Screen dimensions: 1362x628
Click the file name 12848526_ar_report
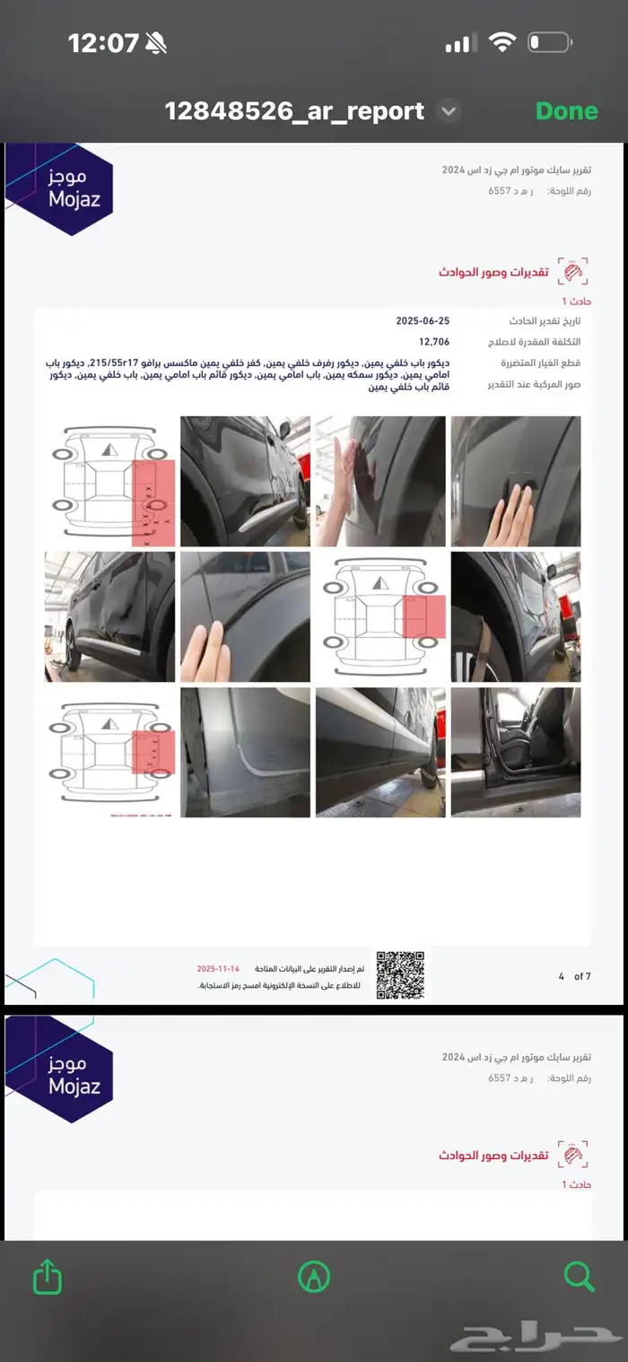[294, 111]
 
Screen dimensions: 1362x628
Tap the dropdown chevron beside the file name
[449, 111]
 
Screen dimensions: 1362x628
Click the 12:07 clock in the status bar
[103, 42]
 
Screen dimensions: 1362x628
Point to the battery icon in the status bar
[549, 42]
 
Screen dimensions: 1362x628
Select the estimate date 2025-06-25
[423, 321]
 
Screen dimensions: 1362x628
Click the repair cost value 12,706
[434, 342]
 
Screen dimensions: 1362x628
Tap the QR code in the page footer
[400, 974]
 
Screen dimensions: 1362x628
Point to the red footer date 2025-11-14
[220, 969]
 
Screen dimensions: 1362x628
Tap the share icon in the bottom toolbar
[48, 1276]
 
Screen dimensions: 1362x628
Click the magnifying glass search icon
[580, 1276]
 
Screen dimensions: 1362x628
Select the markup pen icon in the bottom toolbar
[314, 1276]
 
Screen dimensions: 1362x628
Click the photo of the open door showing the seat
[516, 752]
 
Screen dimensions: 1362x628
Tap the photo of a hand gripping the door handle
[516, 481]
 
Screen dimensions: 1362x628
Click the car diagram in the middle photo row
[380, 616]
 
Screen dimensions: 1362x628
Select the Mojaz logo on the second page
[60, 1070]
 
